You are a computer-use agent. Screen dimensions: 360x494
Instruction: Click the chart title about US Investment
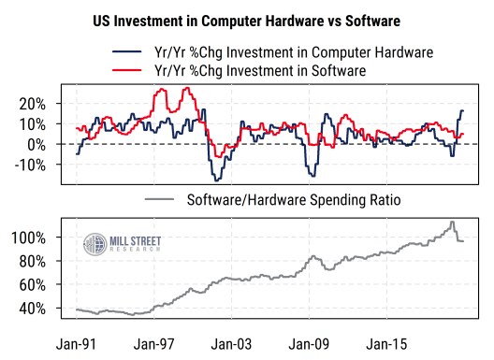point(247,19)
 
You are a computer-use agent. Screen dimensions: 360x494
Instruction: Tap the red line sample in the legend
point(125,70)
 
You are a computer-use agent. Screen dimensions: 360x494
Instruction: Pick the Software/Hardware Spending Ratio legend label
point(294,200)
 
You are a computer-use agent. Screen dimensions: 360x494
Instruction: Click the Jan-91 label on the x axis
point(77,342)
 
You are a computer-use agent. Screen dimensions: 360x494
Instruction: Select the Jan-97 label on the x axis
point(154,342)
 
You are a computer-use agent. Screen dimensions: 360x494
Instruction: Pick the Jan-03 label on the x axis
point(232,342)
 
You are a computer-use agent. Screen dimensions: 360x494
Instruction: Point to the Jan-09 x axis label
point(310,342)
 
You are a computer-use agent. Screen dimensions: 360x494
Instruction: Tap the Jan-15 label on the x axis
point(387,342)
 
